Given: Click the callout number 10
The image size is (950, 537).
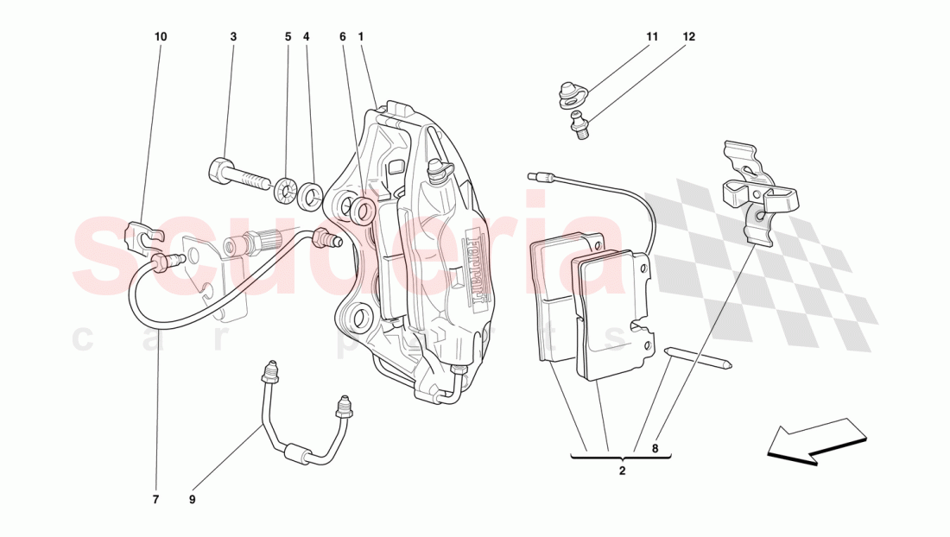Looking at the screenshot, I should pos(161,37).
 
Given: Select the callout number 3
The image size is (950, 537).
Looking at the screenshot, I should pos(233,37).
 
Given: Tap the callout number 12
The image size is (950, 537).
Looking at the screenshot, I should pos(688,37).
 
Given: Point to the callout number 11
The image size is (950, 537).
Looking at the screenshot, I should pos(652,37).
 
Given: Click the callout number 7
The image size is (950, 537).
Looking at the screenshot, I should pos(156,499).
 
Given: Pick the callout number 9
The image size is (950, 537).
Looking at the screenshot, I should pos(193,499).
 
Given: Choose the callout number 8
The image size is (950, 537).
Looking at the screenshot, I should pos(655,448).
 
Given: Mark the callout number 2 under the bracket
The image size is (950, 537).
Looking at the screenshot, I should pos(622,471).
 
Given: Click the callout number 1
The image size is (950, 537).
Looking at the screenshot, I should pos(360,37).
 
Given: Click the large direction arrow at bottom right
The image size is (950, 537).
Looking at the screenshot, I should pos(816,441).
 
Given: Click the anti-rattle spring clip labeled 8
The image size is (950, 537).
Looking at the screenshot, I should pos(760,194).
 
